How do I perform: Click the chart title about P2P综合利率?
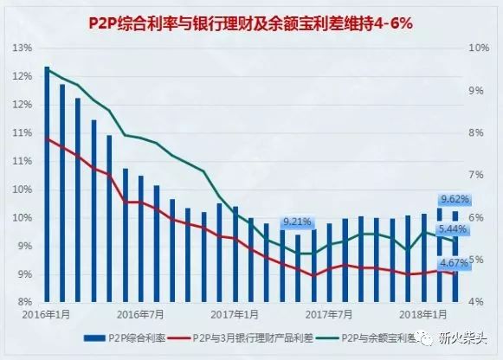tap(250, 23)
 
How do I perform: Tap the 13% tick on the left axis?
tap(23, 48)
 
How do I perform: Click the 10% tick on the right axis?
tap(479, 48)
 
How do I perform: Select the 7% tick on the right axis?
tap(476, 175)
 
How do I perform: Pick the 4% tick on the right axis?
tap(476, 302)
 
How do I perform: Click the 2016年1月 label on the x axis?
tap(46, 314)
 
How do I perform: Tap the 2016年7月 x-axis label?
tap(140, 314)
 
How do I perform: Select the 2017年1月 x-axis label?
tap(235, 314)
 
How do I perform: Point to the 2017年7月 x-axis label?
tap(329, 314)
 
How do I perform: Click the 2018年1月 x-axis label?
tap(423, 314)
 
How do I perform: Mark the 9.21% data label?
tap(297, 222)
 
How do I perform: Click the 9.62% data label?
tap(455, 199)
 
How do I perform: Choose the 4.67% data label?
tap(454, 263)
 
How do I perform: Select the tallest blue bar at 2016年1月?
tap(47, 184)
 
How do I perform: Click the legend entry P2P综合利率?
tap(125, 338)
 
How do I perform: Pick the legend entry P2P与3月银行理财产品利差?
tap(241, 338)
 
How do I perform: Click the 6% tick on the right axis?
tap(476, 217)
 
